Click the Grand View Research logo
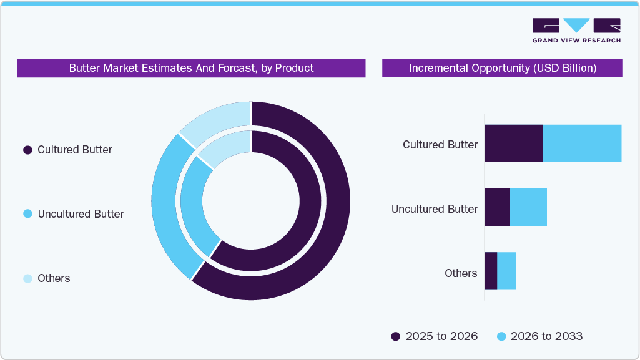pos(576,31)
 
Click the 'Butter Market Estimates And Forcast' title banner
pos(191,68)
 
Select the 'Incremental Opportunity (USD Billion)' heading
pos(502,68)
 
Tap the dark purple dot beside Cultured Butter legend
pos(27,150)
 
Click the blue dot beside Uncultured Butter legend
pos(27,214)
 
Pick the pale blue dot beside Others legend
pos(27,278)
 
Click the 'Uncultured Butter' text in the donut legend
pos(81,214)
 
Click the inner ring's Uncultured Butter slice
pos(194,206)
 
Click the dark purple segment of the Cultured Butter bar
pos(513,144)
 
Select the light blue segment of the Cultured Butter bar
pos(582,144)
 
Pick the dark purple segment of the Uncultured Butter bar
pos(497,207)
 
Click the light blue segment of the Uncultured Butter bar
pos(528,207)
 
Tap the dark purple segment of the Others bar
pos(491,271)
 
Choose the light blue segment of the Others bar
pos(506,271)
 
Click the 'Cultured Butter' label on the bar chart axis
pos(440,145)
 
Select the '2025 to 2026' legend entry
pos(434,336)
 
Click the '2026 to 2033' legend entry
pos(539,336)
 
